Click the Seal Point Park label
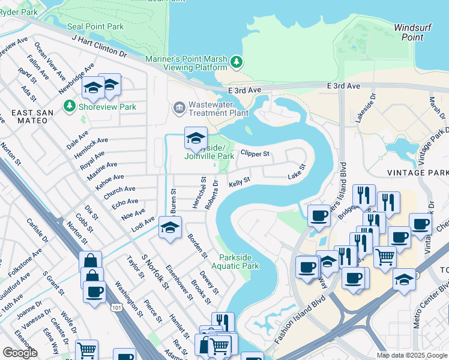pyautogui.click(x=95, y=26)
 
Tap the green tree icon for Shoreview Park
pyautogui.click(x=70, y=107)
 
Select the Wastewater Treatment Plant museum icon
pyautogui.click(x=179, y=108)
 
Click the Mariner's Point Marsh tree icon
pyautogui.click(x=237, y=62)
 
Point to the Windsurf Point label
pyautogui.click(x=414, y=32)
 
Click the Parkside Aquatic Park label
pyautogui.click(x=239, y=262)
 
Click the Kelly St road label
pyautogui.click(x=238, y=181)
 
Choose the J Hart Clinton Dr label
pyautogui.click(x=100, y=46)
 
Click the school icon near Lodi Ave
pyautogui.click(x=170, y=228)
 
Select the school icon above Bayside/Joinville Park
pyautogui.click(x=196, y=138)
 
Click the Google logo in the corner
pyautogui.click(x=20, y=353)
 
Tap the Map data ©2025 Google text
pyautogui.click(x=412, y=355)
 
